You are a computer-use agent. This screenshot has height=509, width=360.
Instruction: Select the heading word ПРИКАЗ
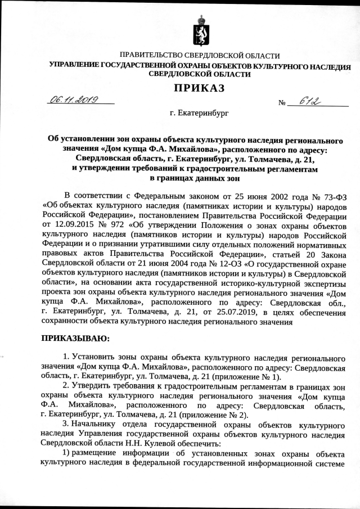[199, 88]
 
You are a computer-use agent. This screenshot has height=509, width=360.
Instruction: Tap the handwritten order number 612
[309, 100]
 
